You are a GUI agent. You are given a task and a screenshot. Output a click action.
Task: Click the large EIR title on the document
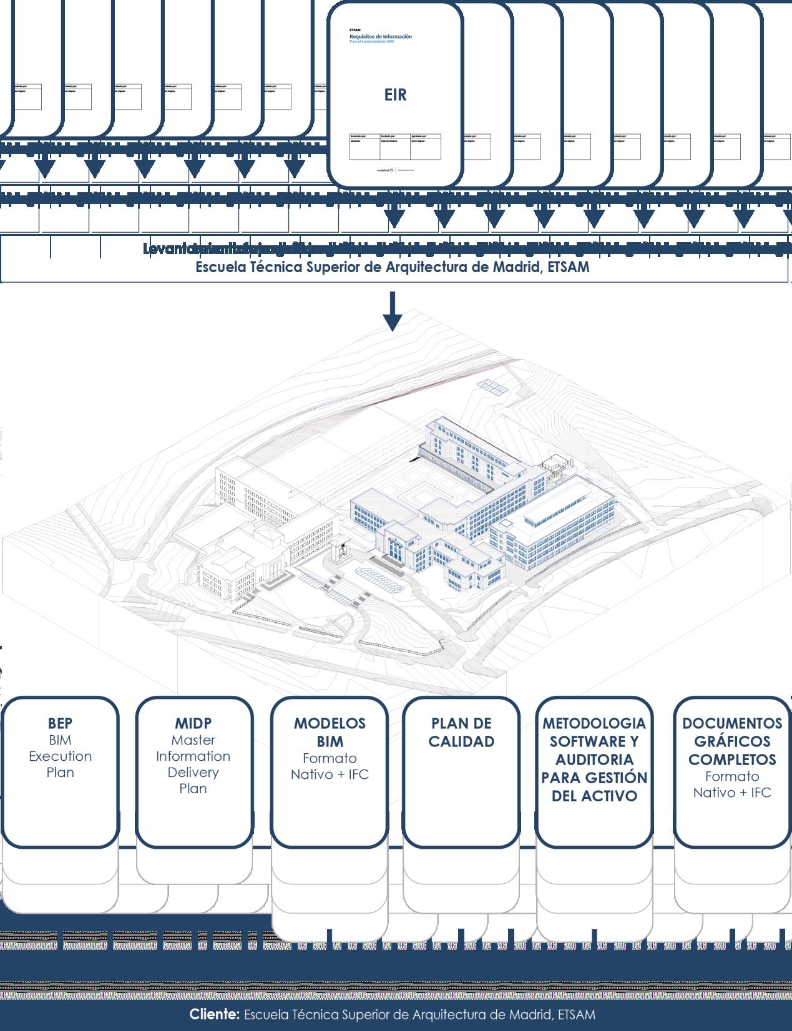tap(395, 95)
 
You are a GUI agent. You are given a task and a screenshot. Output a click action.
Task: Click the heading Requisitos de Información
tap(380, 37)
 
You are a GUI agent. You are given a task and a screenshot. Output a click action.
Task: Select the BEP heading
tap(60, 723)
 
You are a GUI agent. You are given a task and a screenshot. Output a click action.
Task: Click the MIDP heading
tap(193, 723)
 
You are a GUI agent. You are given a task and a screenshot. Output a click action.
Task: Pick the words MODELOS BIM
tap(330, 732)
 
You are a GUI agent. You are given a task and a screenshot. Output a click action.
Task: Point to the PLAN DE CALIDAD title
tap(461, 732)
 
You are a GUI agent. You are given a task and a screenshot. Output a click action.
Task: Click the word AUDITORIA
tap(594, 760)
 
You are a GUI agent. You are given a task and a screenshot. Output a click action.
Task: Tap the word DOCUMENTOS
tap(731, 723)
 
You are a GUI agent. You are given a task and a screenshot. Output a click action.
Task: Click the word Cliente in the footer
tap(214, 1015)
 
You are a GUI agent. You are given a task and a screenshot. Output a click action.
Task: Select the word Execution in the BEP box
tap(60, 756)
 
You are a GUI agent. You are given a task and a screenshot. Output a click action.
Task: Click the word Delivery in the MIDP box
tap(193, 773)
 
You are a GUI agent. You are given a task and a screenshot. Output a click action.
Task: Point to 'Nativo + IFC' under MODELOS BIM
tap(330, 774)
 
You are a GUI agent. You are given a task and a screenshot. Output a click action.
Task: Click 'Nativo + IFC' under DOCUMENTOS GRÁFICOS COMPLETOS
tap(731, 793)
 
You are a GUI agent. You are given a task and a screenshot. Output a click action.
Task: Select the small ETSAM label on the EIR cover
tap(354, 30)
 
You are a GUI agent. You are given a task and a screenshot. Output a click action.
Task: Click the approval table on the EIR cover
tap(395, 146)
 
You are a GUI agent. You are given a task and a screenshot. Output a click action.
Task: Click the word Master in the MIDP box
tap(193, 740)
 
